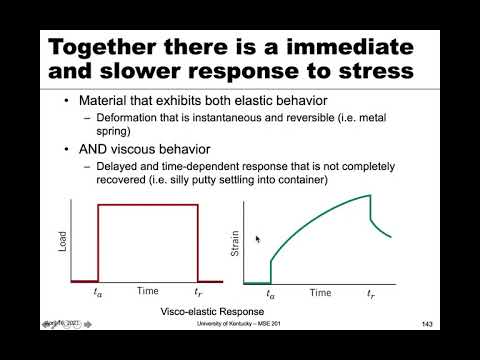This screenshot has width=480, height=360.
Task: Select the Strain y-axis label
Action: [x=236, y=240]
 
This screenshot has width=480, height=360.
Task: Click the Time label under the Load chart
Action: [x=148, y=293]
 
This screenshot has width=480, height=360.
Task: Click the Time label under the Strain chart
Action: [x=320, y=293]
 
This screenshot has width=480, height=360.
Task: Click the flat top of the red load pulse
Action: [x=148, y=205]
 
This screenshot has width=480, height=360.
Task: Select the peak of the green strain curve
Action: [x=370, y=195]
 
